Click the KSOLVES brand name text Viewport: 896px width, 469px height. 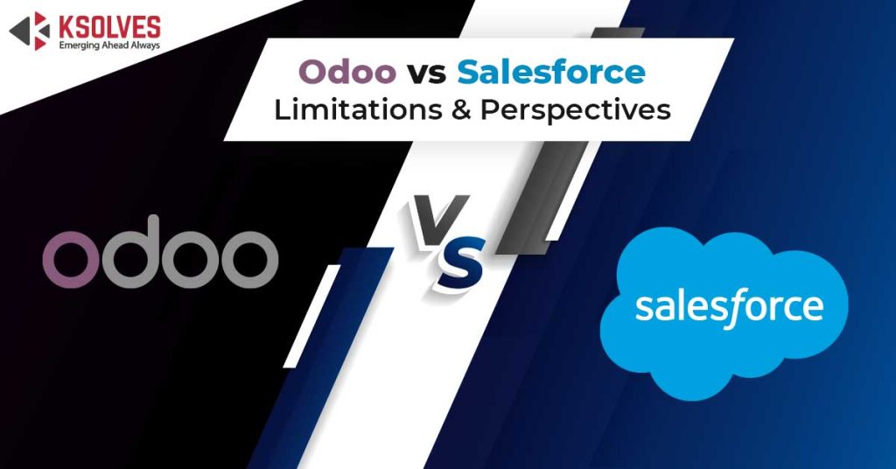(x=109, y=27)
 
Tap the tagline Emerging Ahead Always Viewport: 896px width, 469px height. (x=109, y=45)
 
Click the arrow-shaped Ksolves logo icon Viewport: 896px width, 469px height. (x=30, y=31)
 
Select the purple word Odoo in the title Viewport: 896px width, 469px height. (x=347, y=72)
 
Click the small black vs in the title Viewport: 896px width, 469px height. (x=426, y=73)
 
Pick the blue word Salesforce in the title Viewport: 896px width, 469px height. (x=551, y=72)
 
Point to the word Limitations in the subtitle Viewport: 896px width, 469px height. (x=358, y=109)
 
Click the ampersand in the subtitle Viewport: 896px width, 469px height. (x=460, y=109)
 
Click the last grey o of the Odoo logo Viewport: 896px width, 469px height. (x=249, y=259)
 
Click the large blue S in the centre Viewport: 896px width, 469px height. (x=460, y=263)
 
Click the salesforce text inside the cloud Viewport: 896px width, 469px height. (x=729, y=307)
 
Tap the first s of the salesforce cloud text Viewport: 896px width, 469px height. (x=645, y=308)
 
